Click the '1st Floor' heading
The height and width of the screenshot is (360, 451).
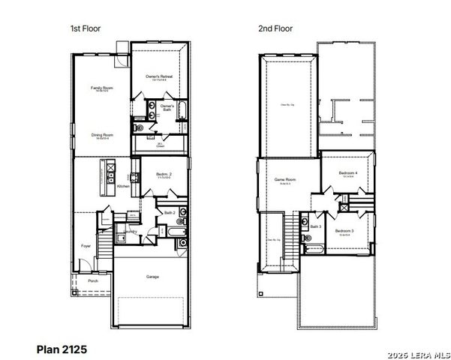pyautogui.click(x=85, y=28)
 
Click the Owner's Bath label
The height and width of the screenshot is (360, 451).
pyautogui.click(x=167, y=106)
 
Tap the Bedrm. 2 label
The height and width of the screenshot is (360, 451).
pyautogui.click(x=164, y=174)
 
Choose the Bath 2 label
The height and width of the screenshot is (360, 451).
pyautogui.click(x=170, y=213)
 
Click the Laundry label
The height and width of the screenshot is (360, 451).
pyautogui.click(x=131, y=231)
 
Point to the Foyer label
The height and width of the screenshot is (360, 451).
pyautogui.click(x=86, y=245)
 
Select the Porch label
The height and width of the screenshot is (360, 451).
pyautogui.click(x=93, y=281)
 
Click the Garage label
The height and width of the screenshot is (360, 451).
pyautogui.click(x=152, y=277)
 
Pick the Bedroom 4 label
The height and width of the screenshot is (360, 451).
pyautogui.click(x=348, y=173)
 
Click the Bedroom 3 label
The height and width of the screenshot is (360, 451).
pyautogui.click(x=344, y=230)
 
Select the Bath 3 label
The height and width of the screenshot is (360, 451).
pyautogui.click(x=315, y=226)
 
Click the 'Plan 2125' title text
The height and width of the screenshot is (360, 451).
pyautogui.click(x=62, y=349)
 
